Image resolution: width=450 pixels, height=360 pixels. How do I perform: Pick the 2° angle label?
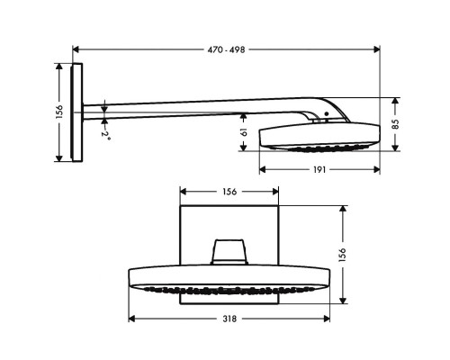(105, 134)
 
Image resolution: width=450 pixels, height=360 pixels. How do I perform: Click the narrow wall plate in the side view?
(79, 112)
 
